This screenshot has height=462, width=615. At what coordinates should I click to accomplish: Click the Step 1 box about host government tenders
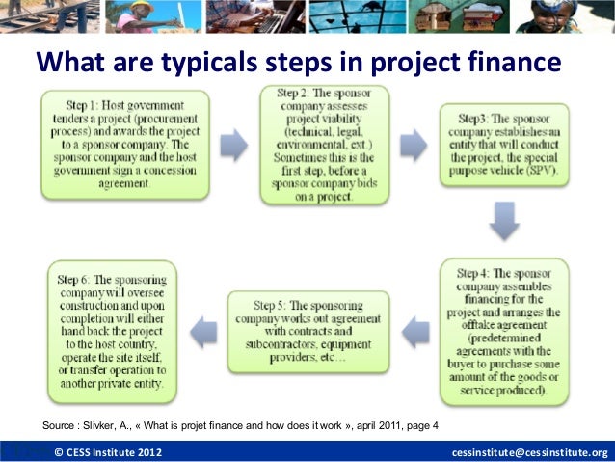tap(125, 145)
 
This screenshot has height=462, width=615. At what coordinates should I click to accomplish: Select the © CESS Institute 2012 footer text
tap(108, 452)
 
